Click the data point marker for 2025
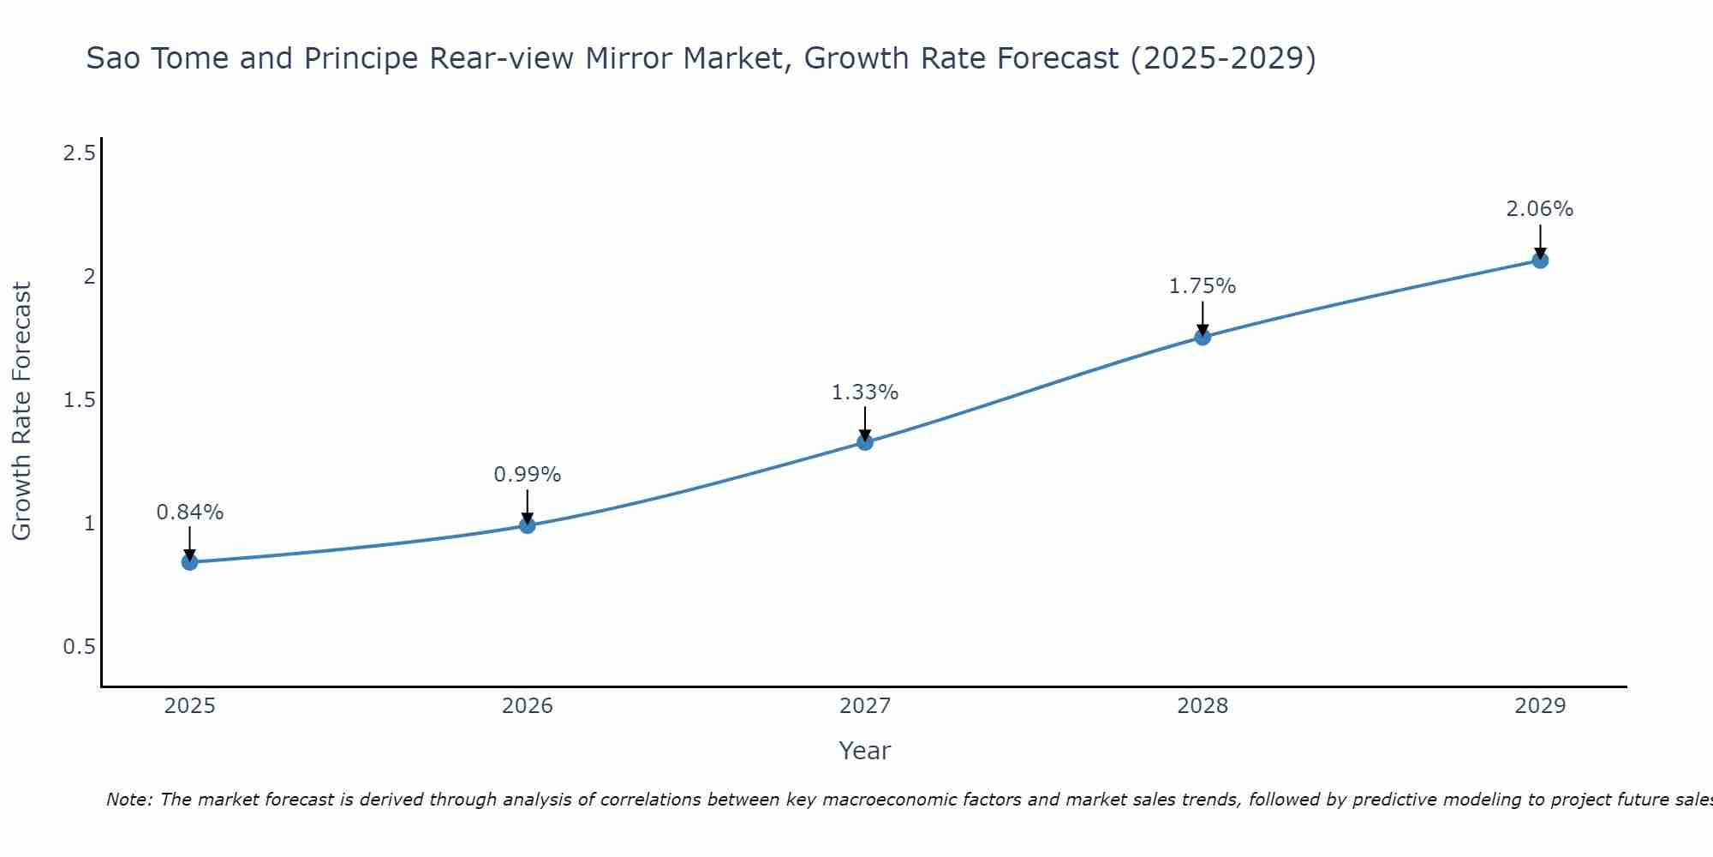[189, 562]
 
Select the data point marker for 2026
[528, 525]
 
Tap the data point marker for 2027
[865, 442]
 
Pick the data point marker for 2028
[1203, 337]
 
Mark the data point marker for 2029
[1540, 261]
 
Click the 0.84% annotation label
[189, 512]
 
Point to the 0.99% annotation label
[528, 475]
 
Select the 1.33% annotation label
[865, 393]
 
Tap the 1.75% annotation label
[1203, 286]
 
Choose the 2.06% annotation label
[1540, 209]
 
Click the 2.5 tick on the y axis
[80, 154]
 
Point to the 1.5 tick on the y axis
[80, 400]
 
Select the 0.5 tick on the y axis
[80, 647]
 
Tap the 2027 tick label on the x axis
[865, 706]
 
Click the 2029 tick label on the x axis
[1540, 706]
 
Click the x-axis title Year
[865, 751]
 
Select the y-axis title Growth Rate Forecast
[21, 411]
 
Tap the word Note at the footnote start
[128, 800]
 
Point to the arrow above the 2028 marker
[1203, 317]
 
